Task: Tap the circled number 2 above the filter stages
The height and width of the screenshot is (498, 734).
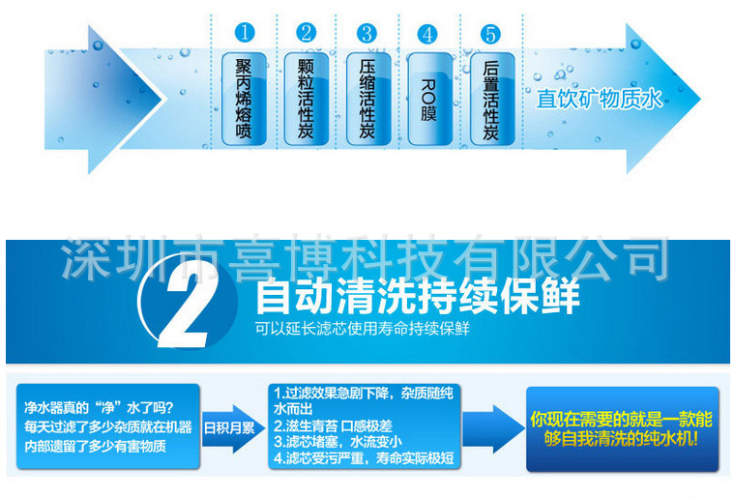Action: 306,33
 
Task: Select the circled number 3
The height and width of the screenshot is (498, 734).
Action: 367,33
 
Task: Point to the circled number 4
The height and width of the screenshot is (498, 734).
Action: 427,34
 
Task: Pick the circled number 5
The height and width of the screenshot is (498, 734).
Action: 489,34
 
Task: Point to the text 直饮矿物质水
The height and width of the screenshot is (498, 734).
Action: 600,99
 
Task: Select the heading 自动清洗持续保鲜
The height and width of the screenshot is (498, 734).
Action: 417,294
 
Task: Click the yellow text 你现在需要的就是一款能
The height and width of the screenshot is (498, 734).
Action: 621,419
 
